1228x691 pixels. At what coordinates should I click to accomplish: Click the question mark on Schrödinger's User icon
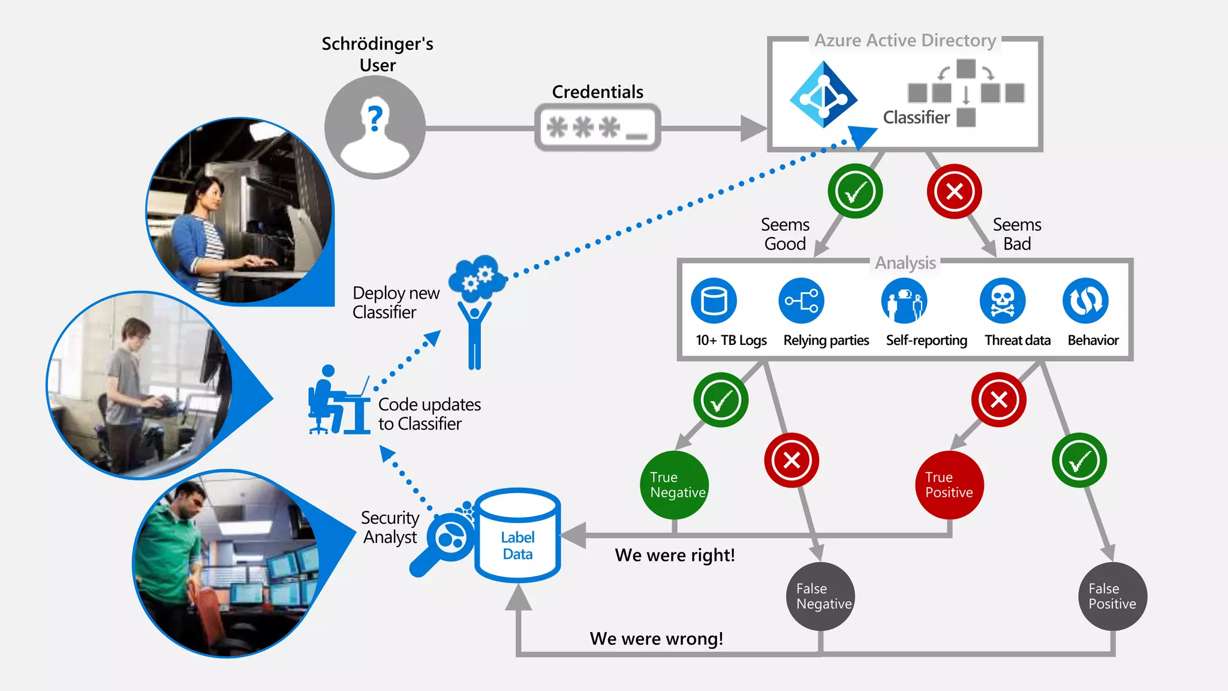375,116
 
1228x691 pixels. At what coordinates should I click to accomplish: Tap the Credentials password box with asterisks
597,127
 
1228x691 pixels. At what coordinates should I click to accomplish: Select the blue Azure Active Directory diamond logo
823,95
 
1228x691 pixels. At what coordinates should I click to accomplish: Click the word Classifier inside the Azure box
916,118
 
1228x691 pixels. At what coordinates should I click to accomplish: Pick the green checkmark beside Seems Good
855,191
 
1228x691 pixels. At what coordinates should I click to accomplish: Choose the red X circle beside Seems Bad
954,191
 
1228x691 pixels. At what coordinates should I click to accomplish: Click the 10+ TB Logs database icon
714,301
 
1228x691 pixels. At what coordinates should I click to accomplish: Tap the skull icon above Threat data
1002,301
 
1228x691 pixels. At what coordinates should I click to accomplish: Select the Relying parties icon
802,301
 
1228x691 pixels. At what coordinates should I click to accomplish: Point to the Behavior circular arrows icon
1085,301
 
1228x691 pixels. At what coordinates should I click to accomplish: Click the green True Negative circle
675,485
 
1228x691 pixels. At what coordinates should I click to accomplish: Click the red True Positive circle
949,485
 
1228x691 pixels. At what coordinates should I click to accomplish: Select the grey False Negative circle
821,596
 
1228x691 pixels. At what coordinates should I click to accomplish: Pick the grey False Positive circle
1112,596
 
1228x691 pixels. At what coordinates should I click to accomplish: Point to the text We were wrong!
656,639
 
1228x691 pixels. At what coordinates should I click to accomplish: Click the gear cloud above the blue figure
477,278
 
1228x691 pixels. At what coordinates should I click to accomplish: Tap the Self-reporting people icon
904,301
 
